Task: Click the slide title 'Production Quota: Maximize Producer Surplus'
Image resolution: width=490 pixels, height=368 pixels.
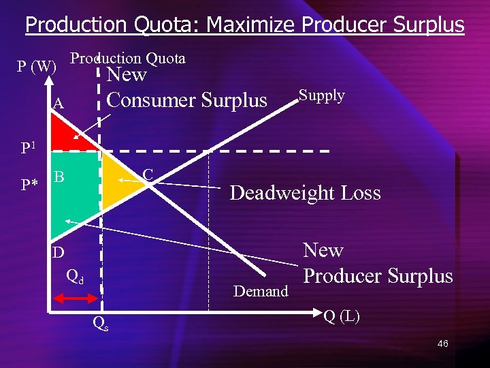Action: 244,25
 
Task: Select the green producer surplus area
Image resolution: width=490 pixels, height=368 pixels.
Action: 75,198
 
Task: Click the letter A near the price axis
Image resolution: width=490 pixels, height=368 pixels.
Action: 59,104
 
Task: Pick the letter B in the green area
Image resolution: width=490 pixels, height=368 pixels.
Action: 59,177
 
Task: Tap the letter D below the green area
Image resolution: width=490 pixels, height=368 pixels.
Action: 59,252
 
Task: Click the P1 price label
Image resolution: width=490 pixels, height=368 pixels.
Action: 29,148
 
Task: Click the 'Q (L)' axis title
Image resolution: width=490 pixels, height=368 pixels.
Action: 342,316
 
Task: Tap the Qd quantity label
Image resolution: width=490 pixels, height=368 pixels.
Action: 75,276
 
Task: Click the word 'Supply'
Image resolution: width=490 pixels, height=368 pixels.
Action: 322,95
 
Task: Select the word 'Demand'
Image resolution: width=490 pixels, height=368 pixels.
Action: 261,292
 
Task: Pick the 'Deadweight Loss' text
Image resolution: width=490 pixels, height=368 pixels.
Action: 305,193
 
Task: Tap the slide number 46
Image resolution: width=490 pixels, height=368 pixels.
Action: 442,343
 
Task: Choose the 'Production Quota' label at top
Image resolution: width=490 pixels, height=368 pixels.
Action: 128,58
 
